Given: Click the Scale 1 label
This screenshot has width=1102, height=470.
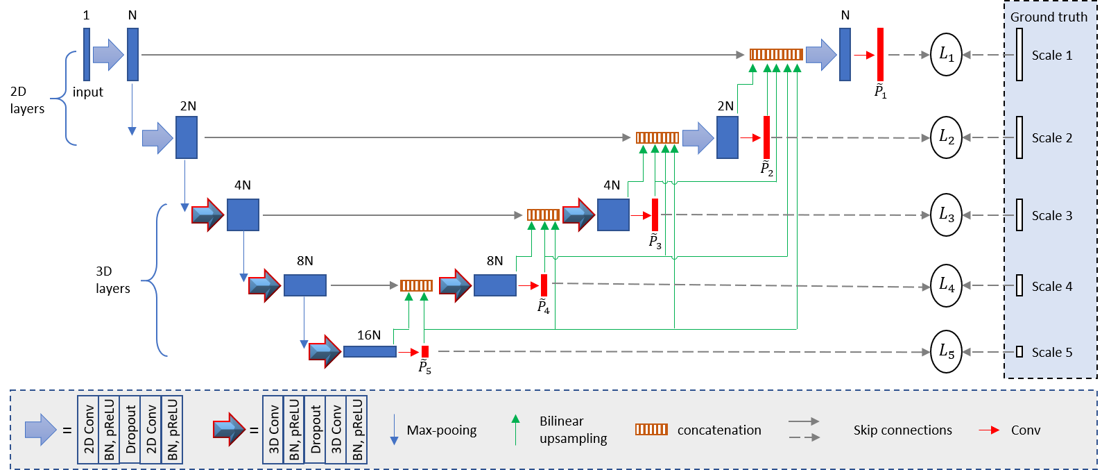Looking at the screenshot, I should point(1051,56).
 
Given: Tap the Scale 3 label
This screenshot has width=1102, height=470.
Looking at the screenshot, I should point(1051,216).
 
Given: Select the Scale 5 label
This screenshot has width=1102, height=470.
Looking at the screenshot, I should point(1051,353).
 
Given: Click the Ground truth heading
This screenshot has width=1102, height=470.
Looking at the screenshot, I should point(1049,17).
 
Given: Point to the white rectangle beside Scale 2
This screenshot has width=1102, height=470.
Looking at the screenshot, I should point(1019,137).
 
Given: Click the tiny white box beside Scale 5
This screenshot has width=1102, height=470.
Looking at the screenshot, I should point(1019,352).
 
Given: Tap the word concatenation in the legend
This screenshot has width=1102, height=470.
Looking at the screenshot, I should point(719,430).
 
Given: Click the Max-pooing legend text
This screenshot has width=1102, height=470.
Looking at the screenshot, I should point(442,430).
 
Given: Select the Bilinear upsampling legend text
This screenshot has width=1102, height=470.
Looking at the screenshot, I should point(573,430).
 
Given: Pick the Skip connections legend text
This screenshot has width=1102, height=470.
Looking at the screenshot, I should point(902,430).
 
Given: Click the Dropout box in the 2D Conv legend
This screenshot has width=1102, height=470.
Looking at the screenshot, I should point(130,430).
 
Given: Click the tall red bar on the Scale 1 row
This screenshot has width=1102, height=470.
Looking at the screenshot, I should point(880,55).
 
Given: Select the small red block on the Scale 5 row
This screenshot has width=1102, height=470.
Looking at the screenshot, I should point(425,352).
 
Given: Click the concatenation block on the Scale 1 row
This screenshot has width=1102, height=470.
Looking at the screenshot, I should point(776,55).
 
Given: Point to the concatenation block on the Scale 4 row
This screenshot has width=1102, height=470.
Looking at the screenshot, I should point(416,285).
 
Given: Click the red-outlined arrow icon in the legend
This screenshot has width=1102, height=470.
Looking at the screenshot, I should point(229,430).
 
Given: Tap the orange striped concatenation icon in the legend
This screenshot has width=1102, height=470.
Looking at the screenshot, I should point(651,430).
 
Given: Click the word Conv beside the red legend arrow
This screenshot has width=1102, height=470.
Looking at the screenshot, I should point(1026,430).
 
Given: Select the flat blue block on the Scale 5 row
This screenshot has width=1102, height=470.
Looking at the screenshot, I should point(370,352).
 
